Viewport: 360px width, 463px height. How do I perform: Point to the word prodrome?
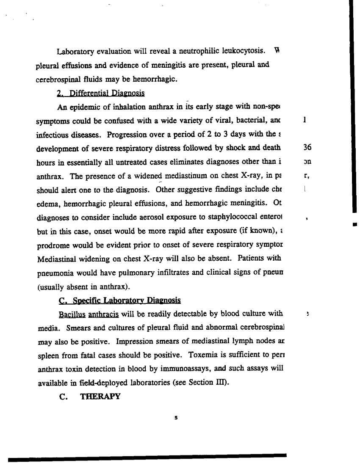[x=53, y=245]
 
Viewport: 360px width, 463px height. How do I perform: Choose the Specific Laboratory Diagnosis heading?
[x=119, y=301]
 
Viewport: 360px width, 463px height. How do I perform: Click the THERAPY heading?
[x=100, y=397]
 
